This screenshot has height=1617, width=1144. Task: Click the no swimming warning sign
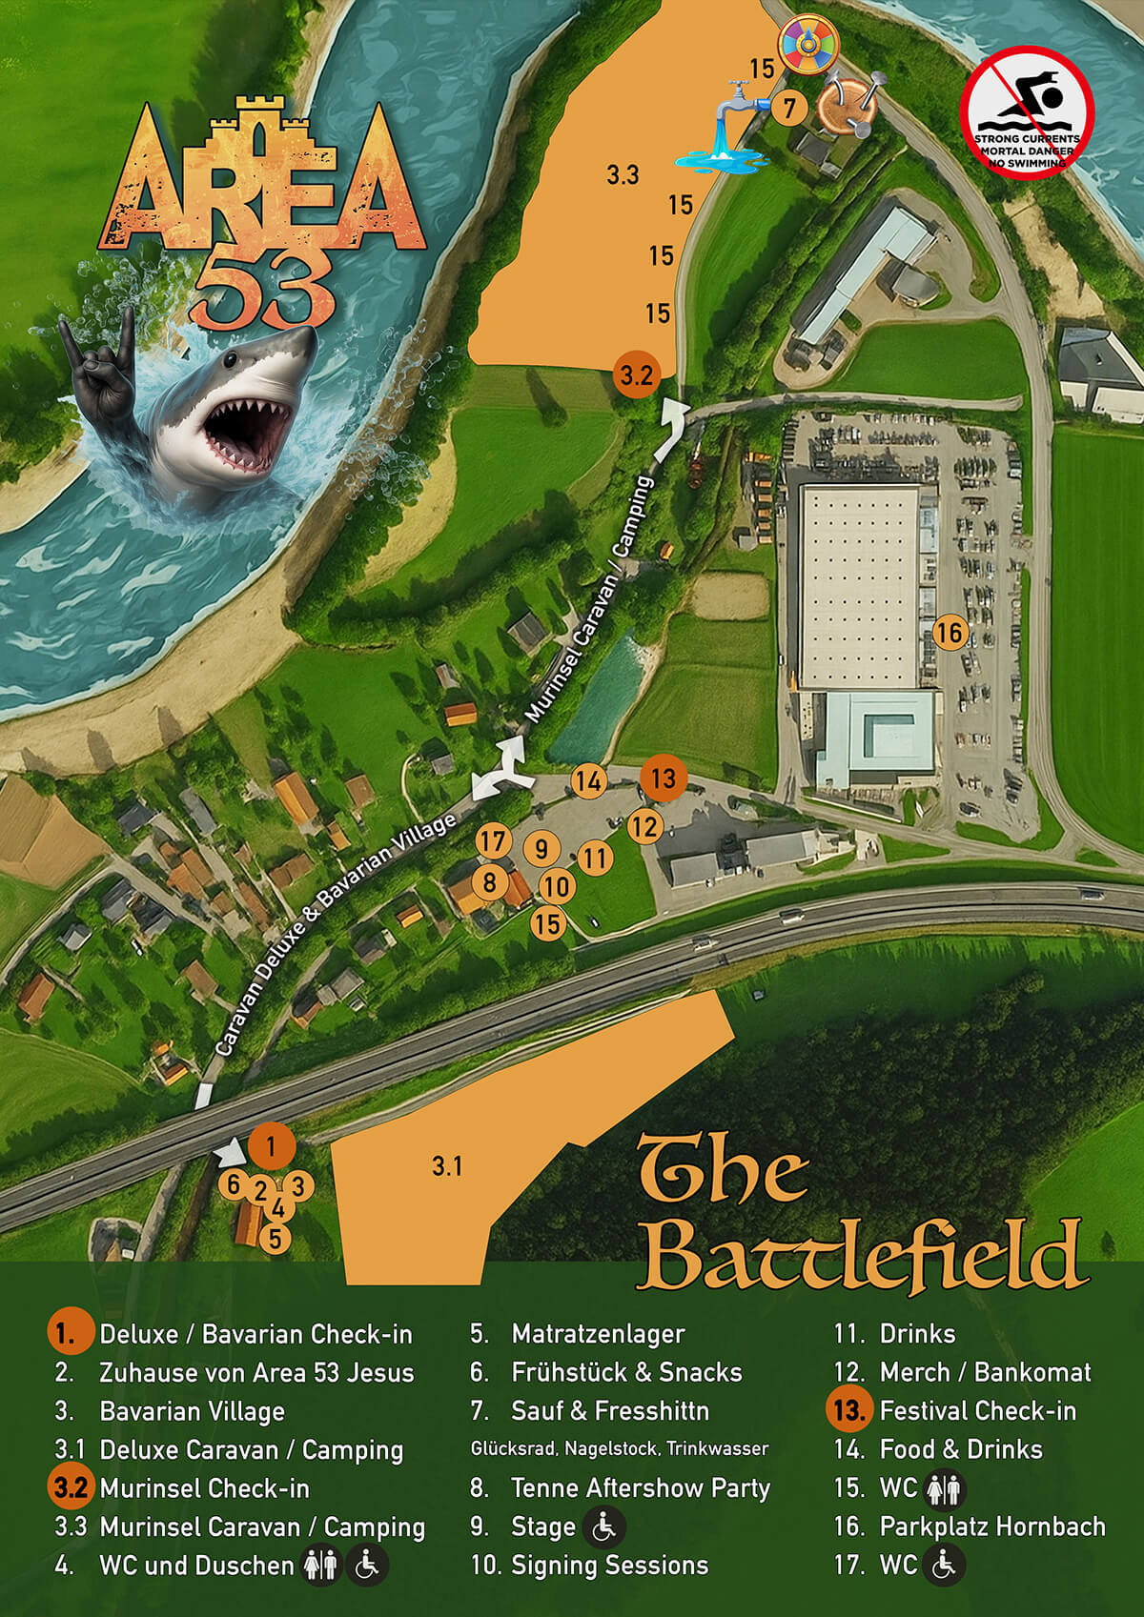(1026, 112)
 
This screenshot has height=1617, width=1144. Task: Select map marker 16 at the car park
(949, 632)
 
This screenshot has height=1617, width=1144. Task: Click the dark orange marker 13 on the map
(663, 778)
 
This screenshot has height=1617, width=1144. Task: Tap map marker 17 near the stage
(493, 841)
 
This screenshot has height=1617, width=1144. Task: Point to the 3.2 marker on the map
(636, 374)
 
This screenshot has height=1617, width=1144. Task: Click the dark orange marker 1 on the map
(272, 1146)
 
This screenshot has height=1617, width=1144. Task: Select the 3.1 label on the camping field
(447, 1165)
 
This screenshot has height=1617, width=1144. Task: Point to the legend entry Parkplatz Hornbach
(991, 1526)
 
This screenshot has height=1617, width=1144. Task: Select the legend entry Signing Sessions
(609, 1565)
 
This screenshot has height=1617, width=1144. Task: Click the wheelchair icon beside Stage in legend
(603, 1526)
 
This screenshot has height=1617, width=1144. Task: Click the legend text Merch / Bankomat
(984, 1372)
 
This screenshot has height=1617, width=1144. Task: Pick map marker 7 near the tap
(788, 109)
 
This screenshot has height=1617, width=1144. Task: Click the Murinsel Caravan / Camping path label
(591, 600)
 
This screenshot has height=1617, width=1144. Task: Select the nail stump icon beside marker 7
(847, 106)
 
